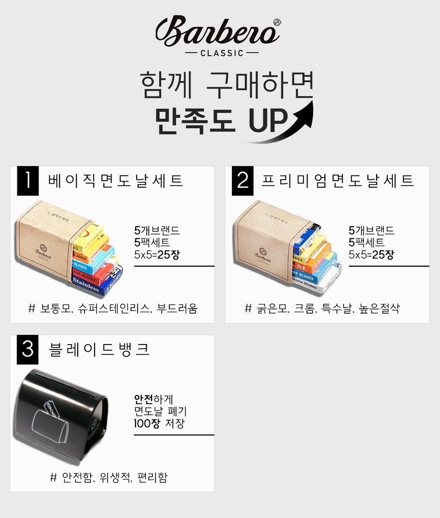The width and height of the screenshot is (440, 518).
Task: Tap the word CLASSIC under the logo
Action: point(222,53)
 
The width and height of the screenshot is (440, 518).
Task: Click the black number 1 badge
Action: point(28,181)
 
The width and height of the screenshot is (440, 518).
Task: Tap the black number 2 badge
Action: point(243,181)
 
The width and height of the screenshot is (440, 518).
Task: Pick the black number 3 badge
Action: point(28,350)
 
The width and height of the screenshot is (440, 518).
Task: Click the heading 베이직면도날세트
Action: point(116,181)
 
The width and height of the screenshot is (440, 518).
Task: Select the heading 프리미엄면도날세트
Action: point(338,181)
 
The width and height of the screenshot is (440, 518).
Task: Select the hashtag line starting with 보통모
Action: point(113,309)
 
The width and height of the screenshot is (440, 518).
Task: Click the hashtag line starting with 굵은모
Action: point(322,309)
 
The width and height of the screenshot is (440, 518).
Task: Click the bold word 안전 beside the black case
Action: point(144,399)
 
